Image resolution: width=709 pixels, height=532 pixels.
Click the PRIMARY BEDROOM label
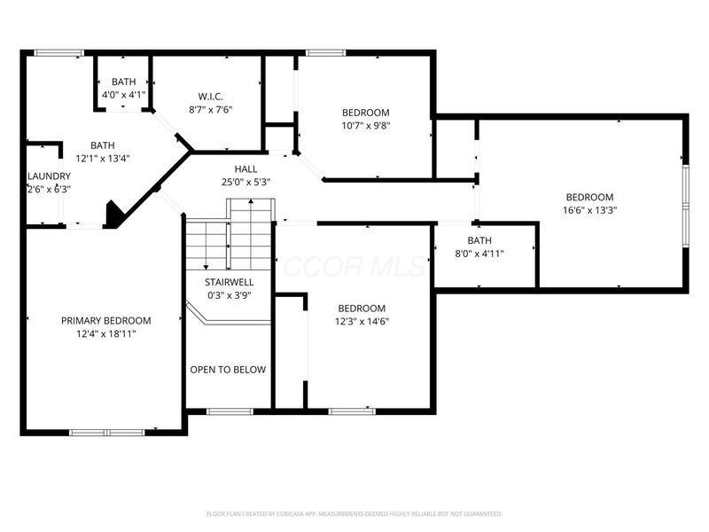pos(105,320)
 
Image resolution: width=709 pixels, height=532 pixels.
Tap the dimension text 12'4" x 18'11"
pos(105,333)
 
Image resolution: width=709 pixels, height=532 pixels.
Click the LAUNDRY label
pos(49,176)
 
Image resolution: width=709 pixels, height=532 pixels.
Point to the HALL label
pos(245,168)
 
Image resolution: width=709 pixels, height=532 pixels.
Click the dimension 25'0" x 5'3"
pos(245,182)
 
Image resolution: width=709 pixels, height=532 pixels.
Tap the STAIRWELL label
pos(230,282)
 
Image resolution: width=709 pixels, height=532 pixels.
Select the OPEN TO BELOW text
pos(228,370)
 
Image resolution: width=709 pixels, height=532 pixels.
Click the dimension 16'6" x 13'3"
pos(590,210)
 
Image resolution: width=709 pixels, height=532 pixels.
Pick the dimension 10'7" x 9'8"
pos(366,125)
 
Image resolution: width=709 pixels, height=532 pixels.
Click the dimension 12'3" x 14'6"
pos(362,321)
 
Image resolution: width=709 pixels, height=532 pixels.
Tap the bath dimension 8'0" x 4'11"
pos(479,254)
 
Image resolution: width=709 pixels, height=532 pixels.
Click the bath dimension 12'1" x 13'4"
pos(103,159)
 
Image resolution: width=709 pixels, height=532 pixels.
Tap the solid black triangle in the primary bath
pos(112,215)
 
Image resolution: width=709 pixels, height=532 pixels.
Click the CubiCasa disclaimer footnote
pos(354,513)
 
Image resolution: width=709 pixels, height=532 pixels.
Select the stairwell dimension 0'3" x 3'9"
pos(230,295)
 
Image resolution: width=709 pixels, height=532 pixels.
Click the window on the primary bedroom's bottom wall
pos(106,432)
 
